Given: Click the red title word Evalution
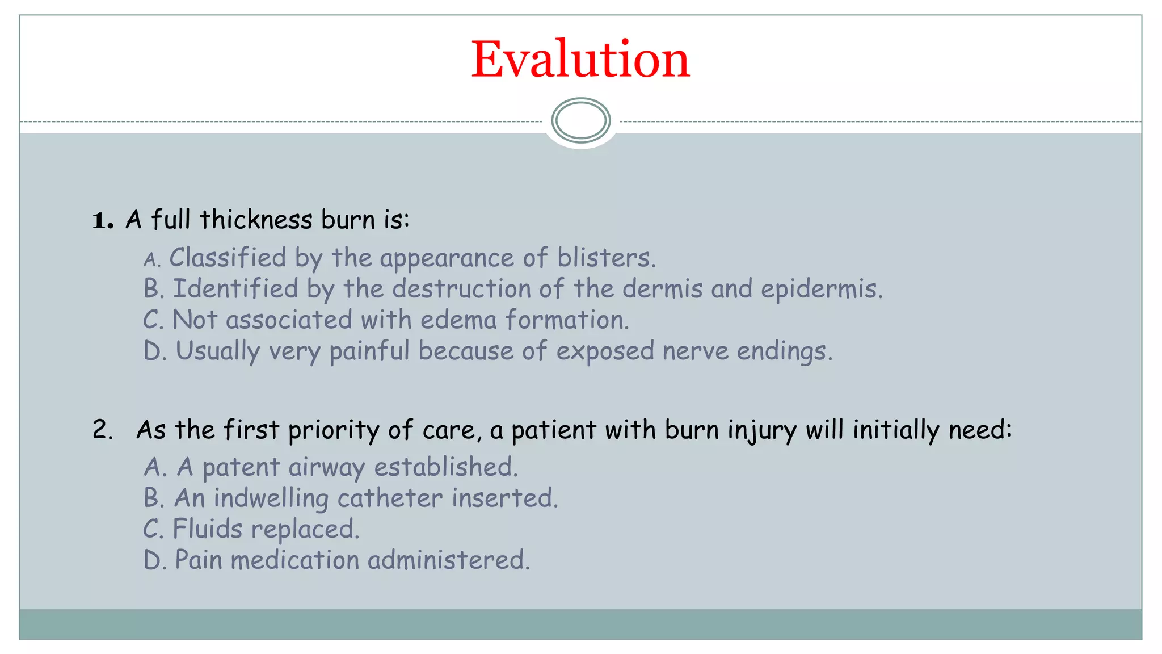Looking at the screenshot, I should coord(580,60).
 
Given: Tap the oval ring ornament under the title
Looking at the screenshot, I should coord(580,120).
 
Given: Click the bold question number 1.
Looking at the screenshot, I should coord(102,220).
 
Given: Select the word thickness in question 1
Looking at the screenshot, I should coord(256,220).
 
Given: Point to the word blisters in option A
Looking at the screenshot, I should coord(605,258).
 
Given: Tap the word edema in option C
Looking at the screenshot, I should coord(458,320).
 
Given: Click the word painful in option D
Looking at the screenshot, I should coord(369,351).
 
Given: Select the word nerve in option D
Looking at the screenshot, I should coord(695,351).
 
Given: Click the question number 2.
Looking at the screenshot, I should coord(102,430).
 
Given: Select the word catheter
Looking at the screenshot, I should coord(390,498).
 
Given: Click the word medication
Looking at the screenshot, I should coord(295,560).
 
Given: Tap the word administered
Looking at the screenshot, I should coord(448,560).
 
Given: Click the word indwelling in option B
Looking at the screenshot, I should coord(271,498).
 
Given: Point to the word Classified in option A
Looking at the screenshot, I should coord(228,258).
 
